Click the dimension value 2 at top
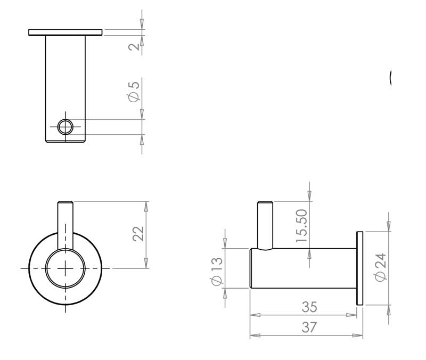pos(135,46)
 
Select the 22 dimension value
pos(138,234)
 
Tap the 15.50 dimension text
pos(302,226)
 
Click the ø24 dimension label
pos(380,268)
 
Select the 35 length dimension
pos(309,307)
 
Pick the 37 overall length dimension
pos(309,328)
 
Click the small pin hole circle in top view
pos(65,127)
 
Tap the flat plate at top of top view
pos(65,32)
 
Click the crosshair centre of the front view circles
pos(65,268)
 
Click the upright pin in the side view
pos(265,224)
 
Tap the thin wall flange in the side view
pos(360,268)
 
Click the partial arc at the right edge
pos(391,78)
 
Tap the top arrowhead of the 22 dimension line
pos(145,205)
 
